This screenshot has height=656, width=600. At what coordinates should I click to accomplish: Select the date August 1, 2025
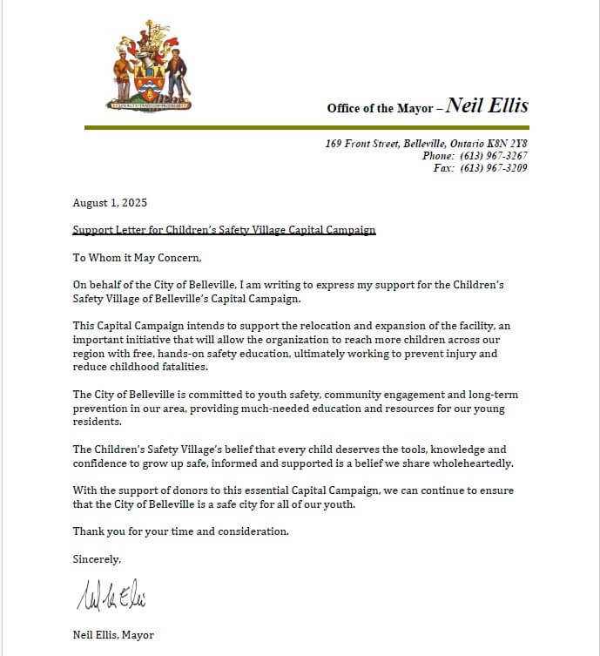[110, 203]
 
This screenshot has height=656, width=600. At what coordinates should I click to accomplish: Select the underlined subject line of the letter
[224, 230]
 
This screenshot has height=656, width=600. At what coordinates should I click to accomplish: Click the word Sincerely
[97, 559]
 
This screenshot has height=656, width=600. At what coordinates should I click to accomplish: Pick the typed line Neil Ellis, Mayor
[113, 635]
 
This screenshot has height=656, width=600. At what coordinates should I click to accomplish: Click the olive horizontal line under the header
[307, 128]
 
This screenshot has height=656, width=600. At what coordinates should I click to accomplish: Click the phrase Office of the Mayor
[380, 109]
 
